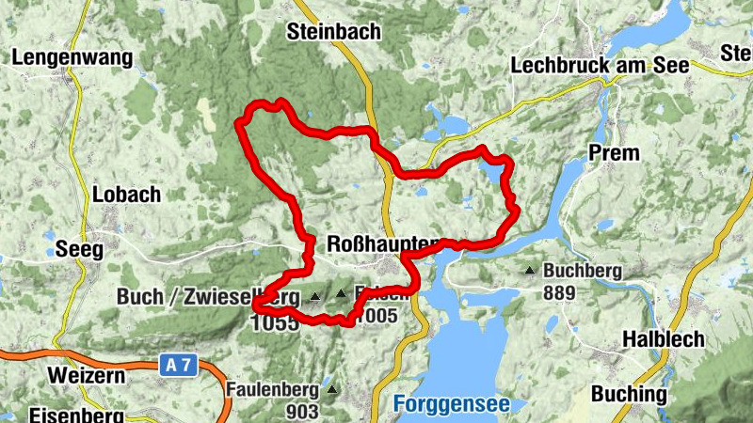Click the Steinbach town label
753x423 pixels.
334,32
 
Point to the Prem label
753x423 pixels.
613,152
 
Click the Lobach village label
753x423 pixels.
126,196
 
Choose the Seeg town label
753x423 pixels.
78,249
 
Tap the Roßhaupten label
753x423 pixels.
382,244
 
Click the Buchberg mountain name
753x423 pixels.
584,272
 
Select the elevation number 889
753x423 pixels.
559,292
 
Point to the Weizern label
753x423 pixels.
85,376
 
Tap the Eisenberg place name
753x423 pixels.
62,415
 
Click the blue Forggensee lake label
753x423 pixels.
451,405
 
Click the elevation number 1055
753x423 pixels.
274,321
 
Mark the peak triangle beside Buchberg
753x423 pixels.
530,272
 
